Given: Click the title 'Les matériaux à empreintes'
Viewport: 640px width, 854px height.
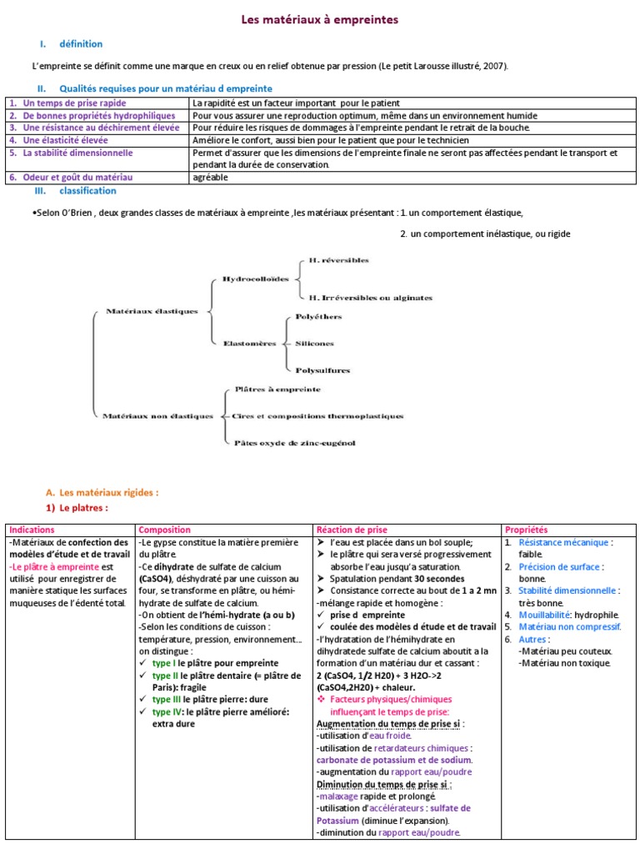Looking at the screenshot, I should click(x=320, y=18).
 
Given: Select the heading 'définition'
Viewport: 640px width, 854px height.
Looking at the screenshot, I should click(x=81, y=44).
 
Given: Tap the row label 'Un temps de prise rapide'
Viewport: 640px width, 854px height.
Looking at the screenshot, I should click(x=74, y=103).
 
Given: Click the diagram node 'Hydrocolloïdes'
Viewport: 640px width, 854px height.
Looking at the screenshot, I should click(x=255, y=279).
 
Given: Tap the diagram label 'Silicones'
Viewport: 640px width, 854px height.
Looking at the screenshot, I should click(x=314, y=343).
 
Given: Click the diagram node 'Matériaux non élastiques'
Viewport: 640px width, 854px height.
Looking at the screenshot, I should click(x=157, y=415).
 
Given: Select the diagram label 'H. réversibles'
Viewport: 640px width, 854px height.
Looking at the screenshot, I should click(x=337, y=260).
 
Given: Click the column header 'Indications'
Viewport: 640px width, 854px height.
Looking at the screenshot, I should click(x=32, y=530).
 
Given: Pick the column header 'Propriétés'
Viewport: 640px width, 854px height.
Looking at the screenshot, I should click(x=526, y=530).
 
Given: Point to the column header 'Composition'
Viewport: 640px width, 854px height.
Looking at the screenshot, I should click(x=164, y=530).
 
